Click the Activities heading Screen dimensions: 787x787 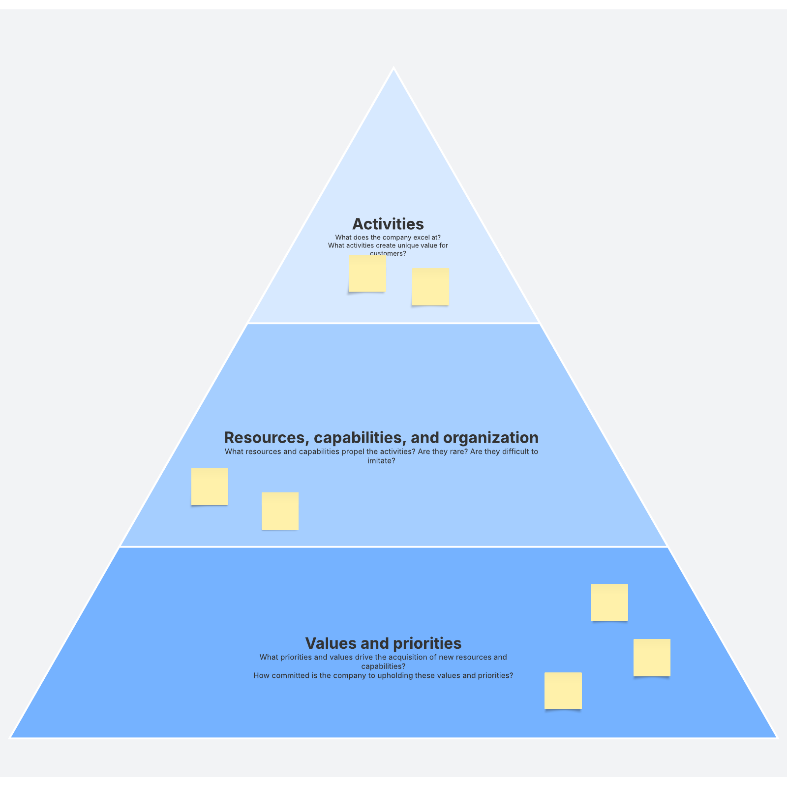[388, 224]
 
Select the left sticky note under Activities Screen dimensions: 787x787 [367, 273]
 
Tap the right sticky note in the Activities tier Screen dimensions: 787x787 [430, 287]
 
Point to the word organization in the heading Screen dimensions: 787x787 [491, 438]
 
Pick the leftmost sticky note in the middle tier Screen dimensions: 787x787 [210, 486]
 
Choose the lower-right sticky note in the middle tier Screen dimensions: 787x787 [280, 511]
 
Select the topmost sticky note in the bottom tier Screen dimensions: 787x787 [609, 602]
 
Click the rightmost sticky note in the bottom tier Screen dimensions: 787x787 [652, 658]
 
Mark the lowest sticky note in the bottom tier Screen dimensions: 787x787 [563, 691]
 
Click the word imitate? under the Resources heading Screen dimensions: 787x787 [382, 461]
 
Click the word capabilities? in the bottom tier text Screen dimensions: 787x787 [384, 666]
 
